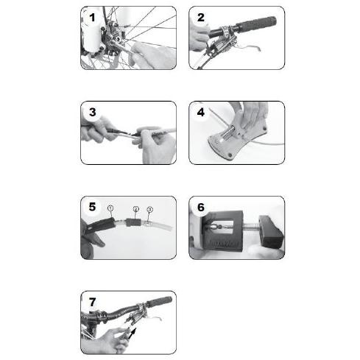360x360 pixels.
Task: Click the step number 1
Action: point(91,16)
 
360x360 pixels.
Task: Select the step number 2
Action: point(201,16)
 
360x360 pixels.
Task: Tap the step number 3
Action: point(91,112)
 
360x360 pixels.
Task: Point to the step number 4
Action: point(201,112)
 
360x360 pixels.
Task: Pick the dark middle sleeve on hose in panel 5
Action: point(135,221)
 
